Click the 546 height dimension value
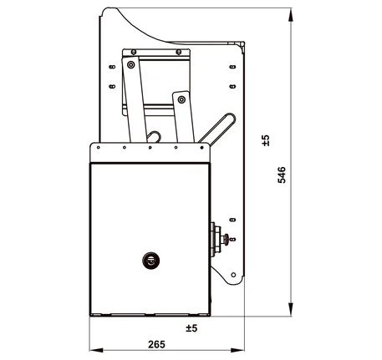tap(282, 175)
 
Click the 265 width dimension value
tap(156, 344)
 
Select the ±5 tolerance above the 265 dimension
tap(191, 328)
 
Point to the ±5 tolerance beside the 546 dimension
tap(266, 140)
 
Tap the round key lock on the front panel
tap(150, 261)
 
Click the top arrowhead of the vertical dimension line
tap(291, 15)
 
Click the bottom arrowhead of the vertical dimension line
tap(291, 309)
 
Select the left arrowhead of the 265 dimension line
tap(96, 350)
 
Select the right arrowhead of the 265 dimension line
tap(237, 350)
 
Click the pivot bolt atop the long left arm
tap(130, 65)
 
